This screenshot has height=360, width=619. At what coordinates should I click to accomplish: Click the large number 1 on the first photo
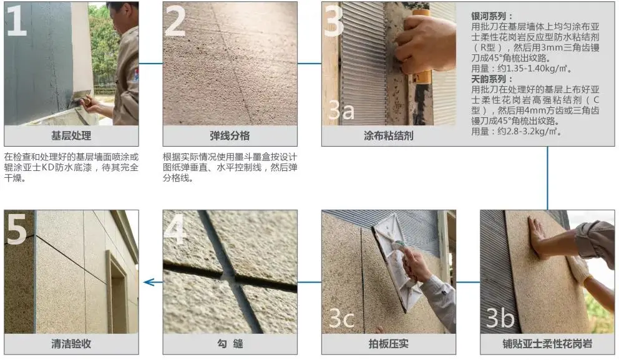coord(17,20)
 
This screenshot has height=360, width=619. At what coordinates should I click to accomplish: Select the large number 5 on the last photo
coord(17,229)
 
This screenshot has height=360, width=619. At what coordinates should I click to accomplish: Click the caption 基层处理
coord(71,136)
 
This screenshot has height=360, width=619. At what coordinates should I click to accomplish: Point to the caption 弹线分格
coord(230,136)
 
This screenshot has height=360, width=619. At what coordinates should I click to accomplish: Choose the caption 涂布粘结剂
coord(389,136)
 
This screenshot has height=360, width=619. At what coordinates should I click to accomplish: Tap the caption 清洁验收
coord(71,344)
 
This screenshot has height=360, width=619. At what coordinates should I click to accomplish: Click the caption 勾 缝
coord(230,344)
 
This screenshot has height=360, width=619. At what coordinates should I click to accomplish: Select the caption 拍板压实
coord(389,344)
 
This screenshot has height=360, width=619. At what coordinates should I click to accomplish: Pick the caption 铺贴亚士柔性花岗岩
coord(547,344)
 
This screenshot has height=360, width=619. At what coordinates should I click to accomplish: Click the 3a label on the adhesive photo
coord(341,110)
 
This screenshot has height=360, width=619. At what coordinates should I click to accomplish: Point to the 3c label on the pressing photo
coord(341,318)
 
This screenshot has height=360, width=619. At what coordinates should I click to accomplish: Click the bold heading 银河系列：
coord(492,16)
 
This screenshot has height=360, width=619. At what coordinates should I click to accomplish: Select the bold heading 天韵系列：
coord(492,79)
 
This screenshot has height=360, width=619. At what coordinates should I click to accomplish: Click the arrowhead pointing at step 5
coord(148,282)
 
